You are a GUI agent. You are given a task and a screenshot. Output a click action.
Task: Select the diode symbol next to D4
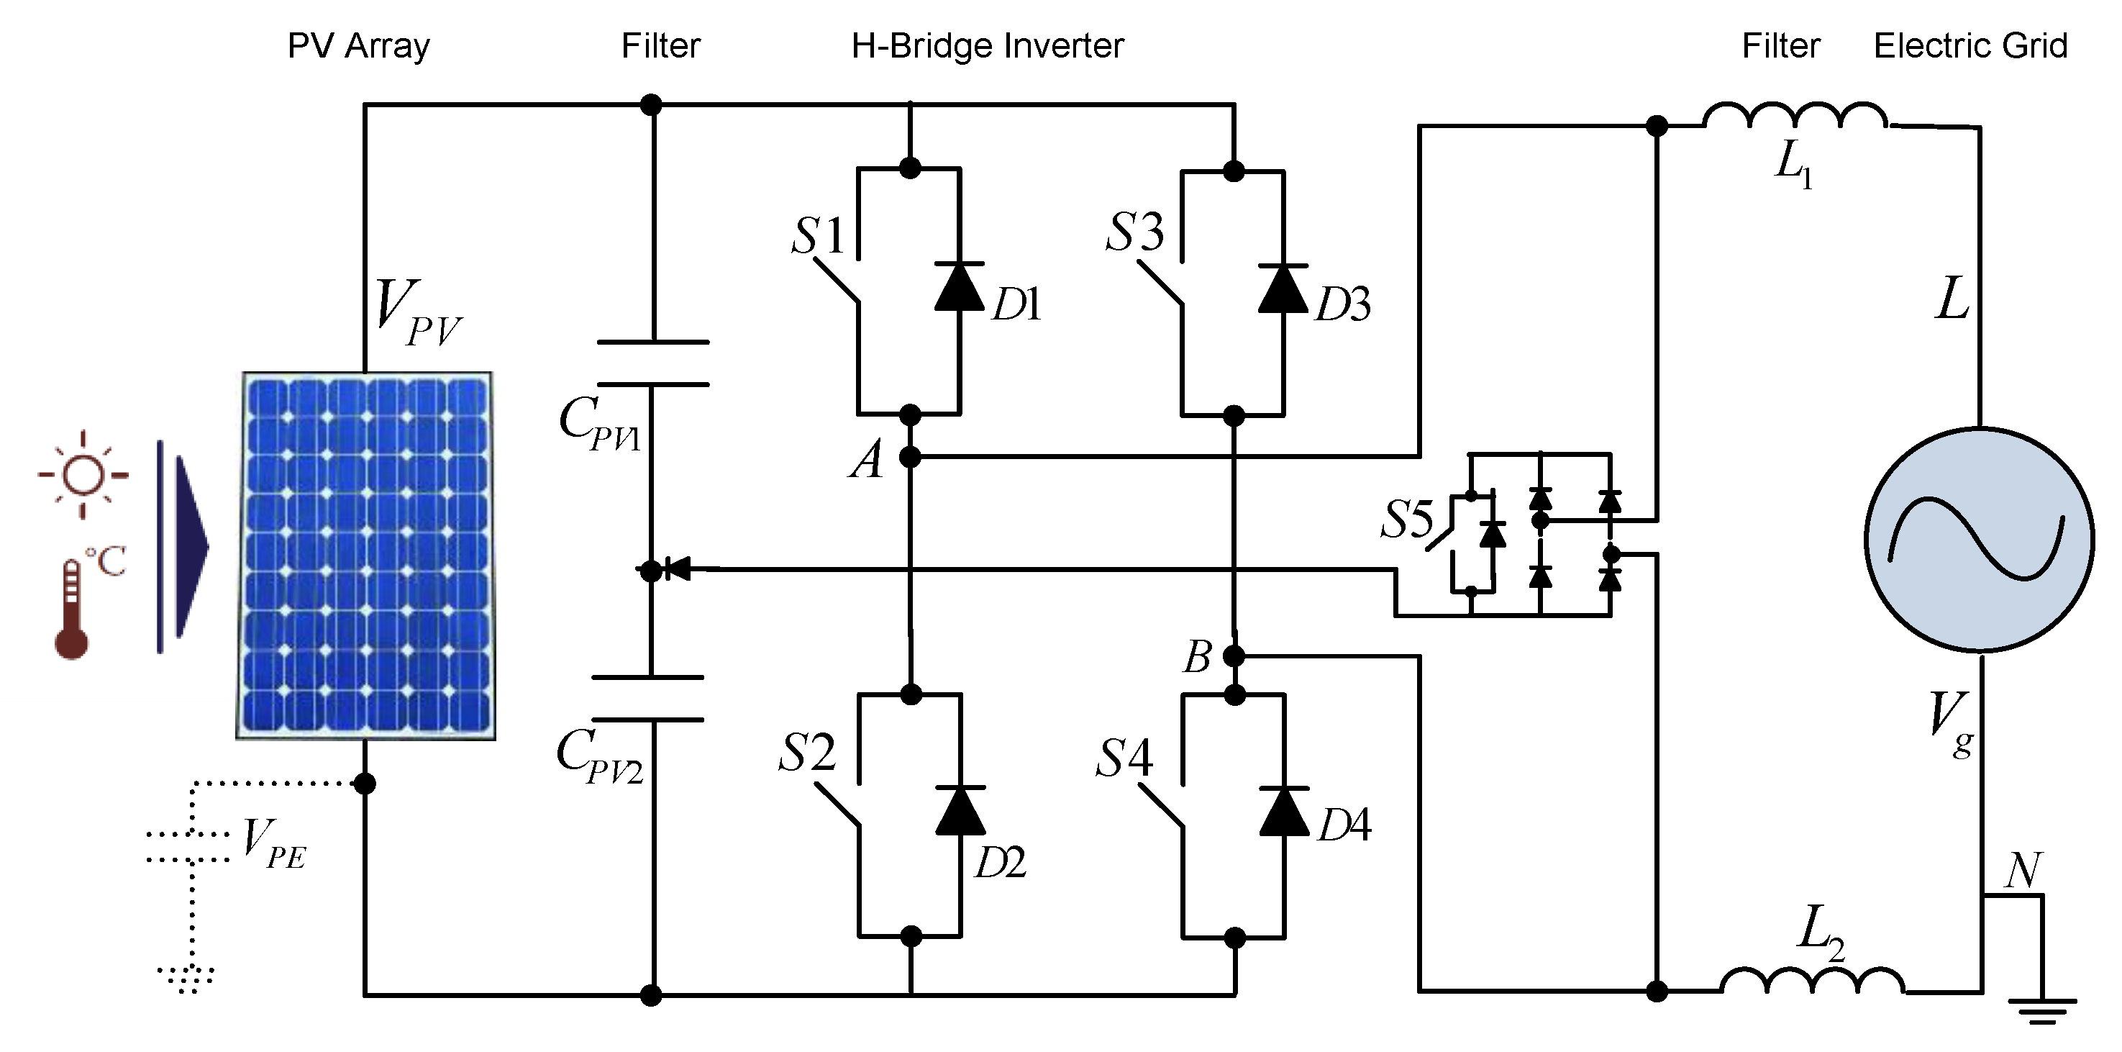pyautogui.click(x=1284, y=812)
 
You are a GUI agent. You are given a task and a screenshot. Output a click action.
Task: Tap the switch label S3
pyautogui.click(x=1134, y=232)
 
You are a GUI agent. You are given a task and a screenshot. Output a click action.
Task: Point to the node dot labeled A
pyautogui.click(x=909, y=456)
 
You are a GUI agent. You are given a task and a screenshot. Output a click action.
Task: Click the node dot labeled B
pyautogui.click(x=1233, y=656)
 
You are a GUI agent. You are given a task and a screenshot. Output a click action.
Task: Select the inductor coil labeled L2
pyautogui.click(x=1812, y=982)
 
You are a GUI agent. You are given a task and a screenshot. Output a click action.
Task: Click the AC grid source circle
pyautogui.click(x=1980, y=540)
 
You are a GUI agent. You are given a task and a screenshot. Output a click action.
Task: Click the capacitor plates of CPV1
pyautogui.click(x=652, y=363)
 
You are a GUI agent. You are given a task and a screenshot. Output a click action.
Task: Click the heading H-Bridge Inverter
pyautogui.click(x=987, y=46)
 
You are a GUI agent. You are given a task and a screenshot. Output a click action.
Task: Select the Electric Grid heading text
pyautogui.click(x=1970, y=46)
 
